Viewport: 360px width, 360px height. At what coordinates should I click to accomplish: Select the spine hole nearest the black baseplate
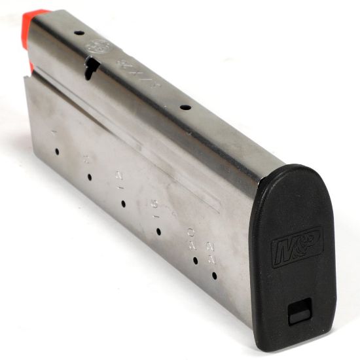click(185, 107)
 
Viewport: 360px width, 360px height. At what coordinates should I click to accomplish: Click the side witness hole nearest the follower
click(57, 151)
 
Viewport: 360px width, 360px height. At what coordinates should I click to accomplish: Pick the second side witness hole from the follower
click(89, 176)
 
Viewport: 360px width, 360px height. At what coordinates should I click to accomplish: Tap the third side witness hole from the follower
click(123, 203)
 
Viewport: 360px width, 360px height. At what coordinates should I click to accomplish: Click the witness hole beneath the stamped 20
click(195, 260)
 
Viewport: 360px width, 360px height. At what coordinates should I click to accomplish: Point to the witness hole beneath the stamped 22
click(214, 276)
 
